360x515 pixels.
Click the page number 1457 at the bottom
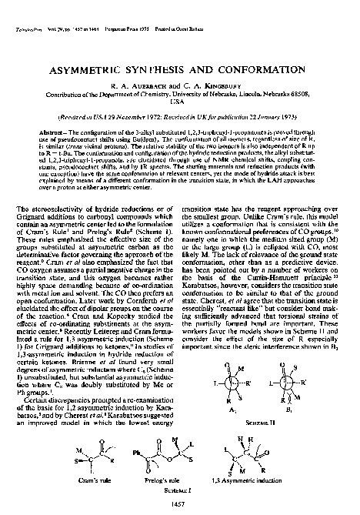(x=180, y=500)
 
